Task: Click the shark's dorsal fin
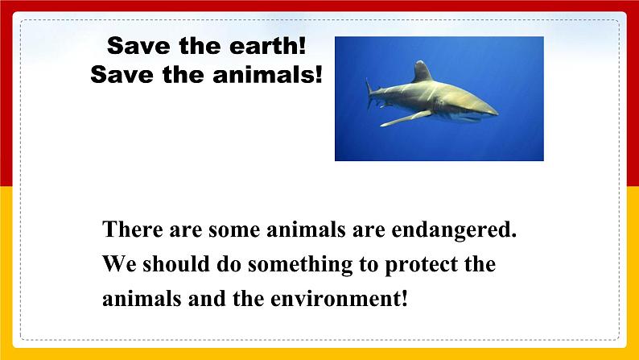pyautogui.click(x=421, y=72)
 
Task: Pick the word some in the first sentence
pyautogui.click(x=236, y=230)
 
